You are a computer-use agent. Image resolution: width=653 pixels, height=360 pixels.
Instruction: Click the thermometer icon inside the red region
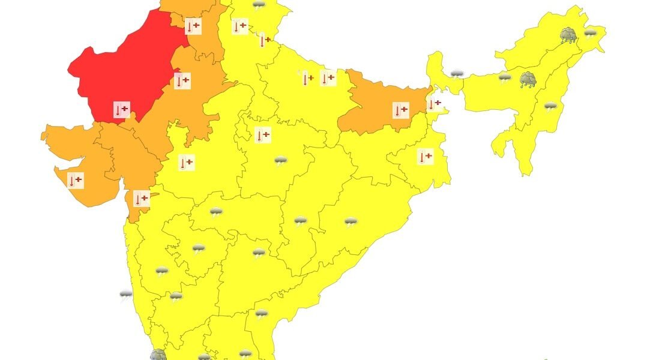(x=122, y=110)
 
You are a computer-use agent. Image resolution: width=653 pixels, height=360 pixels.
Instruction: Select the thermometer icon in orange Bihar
(x=400, y=110)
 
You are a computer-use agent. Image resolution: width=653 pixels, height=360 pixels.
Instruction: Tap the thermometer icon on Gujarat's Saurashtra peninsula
(x=76, y=180)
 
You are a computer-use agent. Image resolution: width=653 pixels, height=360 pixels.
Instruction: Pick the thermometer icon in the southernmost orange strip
(x=141, y=199)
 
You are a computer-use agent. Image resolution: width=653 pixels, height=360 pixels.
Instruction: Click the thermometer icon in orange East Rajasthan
(x=182, y=80)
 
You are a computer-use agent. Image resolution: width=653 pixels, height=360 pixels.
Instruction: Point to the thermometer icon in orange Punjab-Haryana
(x=193, y=26)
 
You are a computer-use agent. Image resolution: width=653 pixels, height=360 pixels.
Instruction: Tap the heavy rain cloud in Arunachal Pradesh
(x=568, y=35)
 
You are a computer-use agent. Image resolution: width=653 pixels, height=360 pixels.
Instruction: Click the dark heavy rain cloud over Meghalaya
(x=528, y=79)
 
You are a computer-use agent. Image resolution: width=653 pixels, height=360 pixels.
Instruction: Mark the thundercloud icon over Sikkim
(x=457, y=74)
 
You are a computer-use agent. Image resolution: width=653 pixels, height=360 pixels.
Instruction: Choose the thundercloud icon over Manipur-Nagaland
(x=550, y=107)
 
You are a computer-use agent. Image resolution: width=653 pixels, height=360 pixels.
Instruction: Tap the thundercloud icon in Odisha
(x=351, y=222)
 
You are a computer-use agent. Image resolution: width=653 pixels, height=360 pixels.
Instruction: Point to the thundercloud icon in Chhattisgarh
(x=301, y=221)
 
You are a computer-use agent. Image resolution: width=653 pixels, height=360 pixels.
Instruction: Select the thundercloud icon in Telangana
(x=259, y=253)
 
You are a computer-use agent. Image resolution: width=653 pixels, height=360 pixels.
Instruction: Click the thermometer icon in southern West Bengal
(x=425, y=157)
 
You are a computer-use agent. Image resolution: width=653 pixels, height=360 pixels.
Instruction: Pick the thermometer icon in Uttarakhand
(x=263, y=41)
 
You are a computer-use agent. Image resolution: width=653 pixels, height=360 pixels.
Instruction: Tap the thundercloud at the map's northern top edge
(x=259, y=5)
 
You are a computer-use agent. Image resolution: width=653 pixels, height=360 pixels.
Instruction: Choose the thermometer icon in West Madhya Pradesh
(x=187, y=162)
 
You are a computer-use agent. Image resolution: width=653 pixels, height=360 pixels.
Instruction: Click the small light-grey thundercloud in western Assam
(x=505, y=77)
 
